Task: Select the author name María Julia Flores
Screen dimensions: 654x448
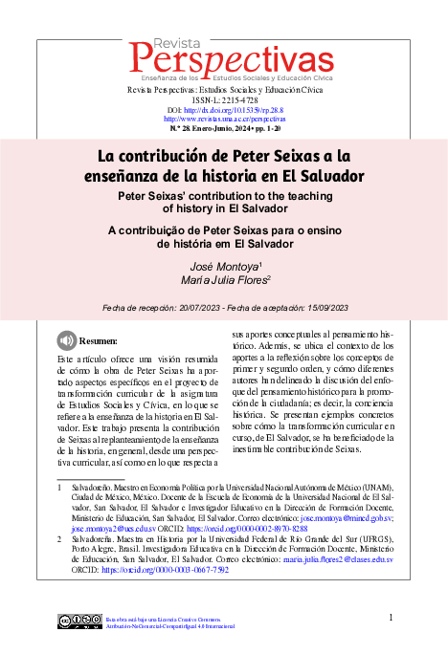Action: tap(218, 279)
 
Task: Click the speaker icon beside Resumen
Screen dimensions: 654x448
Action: tap(65, 339)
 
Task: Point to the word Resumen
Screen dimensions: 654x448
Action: tap(98, 340)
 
